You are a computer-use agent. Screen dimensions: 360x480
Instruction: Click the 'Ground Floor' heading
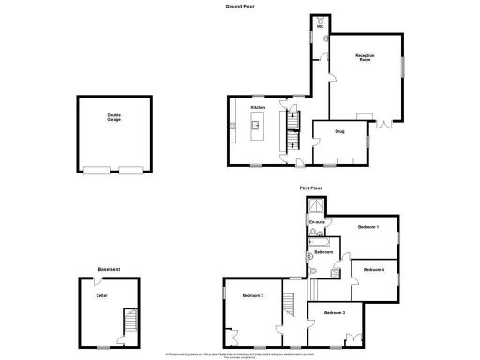pos(240,6)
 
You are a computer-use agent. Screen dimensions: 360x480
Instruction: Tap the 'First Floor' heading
pos(310,188)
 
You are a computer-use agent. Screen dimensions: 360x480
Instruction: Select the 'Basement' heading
pos(110,271)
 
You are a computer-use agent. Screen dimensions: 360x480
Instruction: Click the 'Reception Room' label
pos(365,57)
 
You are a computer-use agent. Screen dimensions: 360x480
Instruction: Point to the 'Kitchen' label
pos(257,108)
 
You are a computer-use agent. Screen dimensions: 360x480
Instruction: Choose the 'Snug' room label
pos(339,132)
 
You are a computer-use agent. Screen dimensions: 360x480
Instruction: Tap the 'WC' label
pos(320,28)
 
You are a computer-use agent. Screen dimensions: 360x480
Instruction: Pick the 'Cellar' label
pos(102,295)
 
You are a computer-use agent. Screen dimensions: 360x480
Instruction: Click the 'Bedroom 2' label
pos(251,296)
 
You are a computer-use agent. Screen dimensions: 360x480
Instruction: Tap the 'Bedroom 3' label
pos(335,311)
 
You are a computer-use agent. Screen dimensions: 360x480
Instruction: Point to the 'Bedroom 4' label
pos(373,270)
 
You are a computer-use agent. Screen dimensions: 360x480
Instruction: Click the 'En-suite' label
pos(318,221)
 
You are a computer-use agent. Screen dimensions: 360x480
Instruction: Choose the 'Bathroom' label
pos(323,253)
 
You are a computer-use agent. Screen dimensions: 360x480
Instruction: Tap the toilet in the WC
pos(321,19)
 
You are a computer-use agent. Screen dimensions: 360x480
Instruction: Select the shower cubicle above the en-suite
pos(319,206)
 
